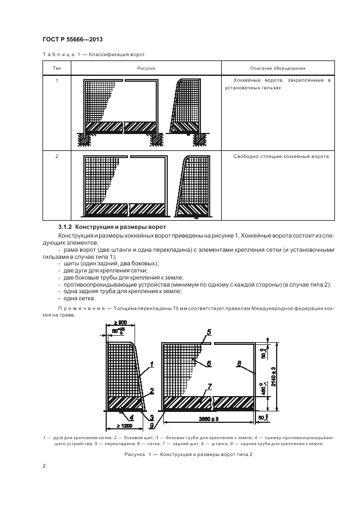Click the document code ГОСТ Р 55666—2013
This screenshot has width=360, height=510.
pos(72,40)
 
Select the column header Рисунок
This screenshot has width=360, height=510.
pos(147,68)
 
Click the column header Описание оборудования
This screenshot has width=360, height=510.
pos(277,68)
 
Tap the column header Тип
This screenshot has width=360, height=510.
pos(57,68)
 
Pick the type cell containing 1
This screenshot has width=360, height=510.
pos(57,81)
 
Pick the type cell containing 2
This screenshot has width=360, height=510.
pos(57,156)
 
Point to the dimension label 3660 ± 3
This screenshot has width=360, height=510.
pos(209,418)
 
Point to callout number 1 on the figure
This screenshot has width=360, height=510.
pos(152,363)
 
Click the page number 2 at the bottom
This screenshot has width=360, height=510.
pos(44,466)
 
